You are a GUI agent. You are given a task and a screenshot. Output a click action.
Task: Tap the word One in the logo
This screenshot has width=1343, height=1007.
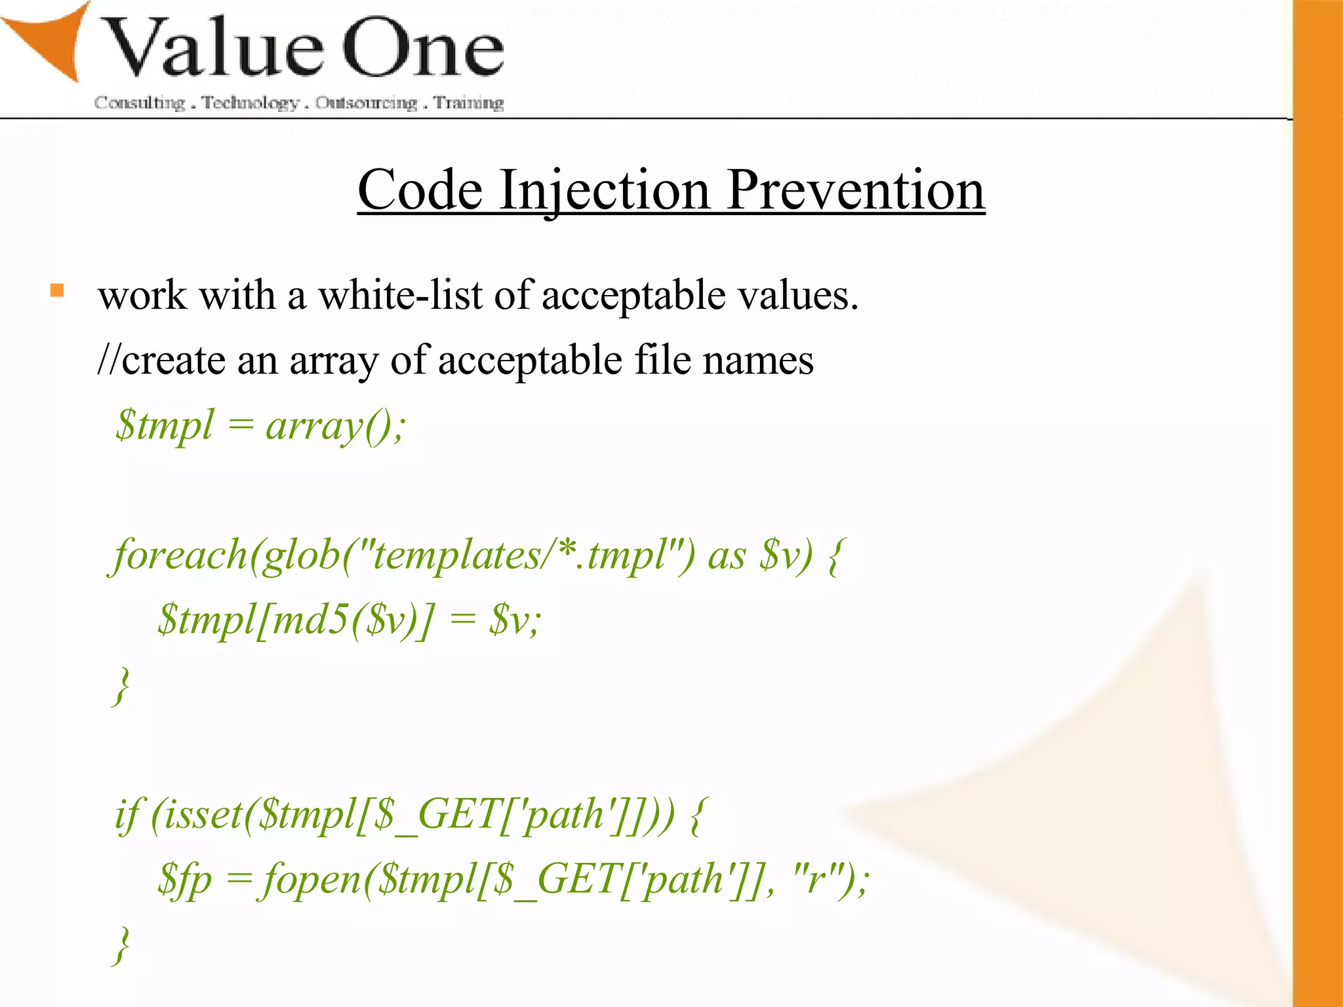pos(423,49)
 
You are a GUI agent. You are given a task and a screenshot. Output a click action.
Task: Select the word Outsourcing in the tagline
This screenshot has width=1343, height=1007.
pos(366,103)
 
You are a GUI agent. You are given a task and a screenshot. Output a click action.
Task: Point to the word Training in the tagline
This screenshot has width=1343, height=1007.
pos(468,103)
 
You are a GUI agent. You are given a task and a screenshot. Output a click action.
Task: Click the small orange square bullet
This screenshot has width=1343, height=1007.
pos(57,290)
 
